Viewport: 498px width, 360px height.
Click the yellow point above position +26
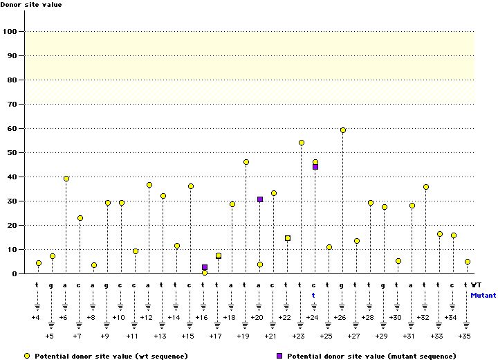pos(343,130)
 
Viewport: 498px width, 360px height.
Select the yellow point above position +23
pos(302,143)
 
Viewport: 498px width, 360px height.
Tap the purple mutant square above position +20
pos(260,199)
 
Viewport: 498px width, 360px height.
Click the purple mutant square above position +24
pos(315,167)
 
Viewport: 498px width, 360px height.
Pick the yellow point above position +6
pos(66,179)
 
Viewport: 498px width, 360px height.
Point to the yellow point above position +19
pos(246,162)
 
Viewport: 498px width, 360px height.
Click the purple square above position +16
pos(205,267)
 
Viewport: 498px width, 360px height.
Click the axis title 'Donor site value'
pos(31,5)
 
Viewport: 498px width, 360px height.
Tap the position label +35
pos(465,335)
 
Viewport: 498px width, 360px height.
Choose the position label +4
pos(36,317)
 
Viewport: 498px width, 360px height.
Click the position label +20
pos(257,317)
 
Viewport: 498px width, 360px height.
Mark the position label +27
pos(354,335)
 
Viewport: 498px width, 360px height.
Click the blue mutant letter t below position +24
pos(313,294)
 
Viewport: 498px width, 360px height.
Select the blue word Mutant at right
pos(483,294)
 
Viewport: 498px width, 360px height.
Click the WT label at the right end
pos(477,285)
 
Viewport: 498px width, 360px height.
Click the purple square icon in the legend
pos(279,355)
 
